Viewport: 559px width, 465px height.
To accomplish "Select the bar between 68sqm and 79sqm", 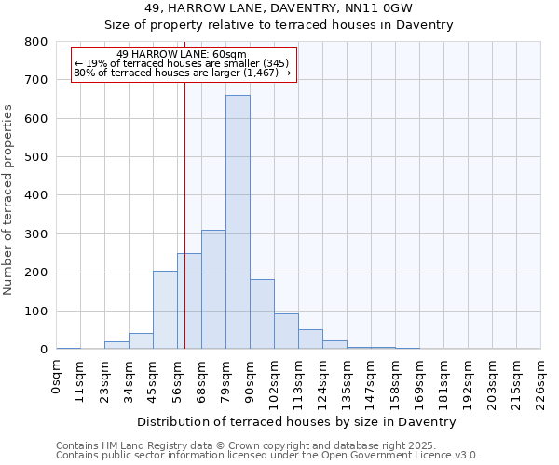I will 213,289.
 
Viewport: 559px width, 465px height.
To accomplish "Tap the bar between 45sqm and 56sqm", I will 165,310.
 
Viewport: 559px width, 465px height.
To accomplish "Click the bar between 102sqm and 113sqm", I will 286,331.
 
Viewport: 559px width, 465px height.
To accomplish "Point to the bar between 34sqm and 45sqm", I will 141,341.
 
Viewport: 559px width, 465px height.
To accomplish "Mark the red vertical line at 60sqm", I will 185,186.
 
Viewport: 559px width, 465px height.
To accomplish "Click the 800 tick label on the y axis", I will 36,42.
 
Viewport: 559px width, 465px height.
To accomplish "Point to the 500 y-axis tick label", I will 36,157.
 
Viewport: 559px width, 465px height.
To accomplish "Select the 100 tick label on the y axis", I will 36,311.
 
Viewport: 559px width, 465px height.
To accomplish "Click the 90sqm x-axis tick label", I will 250,379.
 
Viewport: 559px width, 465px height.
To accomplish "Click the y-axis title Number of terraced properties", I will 9,199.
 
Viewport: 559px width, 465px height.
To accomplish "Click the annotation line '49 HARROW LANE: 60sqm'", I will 182,54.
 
